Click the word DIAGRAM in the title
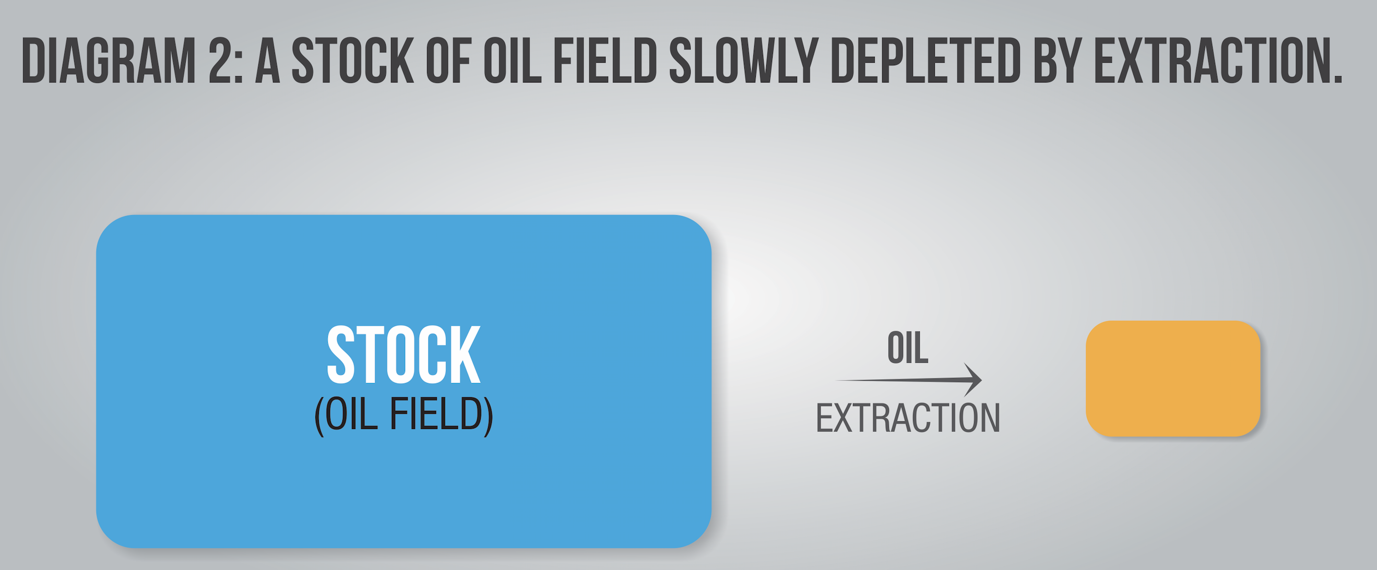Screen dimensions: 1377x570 click(109, 61)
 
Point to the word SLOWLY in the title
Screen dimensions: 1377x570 click(743, 61)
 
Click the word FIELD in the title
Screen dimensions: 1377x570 click(604, 61)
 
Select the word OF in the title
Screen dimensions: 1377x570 click(448, 61)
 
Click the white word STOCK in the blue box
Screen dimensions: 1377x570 click(403, 355)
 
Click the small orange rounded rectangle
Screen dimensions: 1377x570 click(1173, 378)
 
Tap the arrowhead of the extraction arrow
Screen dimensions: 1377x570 click(973, 379)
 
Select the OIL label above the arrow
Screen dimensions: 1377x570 click(908, 348)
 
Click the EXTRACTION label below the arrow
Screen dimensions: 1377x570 click(908, 418)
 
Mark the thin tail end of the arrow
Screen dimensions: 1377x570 click(837, 380)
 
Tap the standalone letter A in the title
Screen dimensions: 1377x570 click(268, 61)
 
